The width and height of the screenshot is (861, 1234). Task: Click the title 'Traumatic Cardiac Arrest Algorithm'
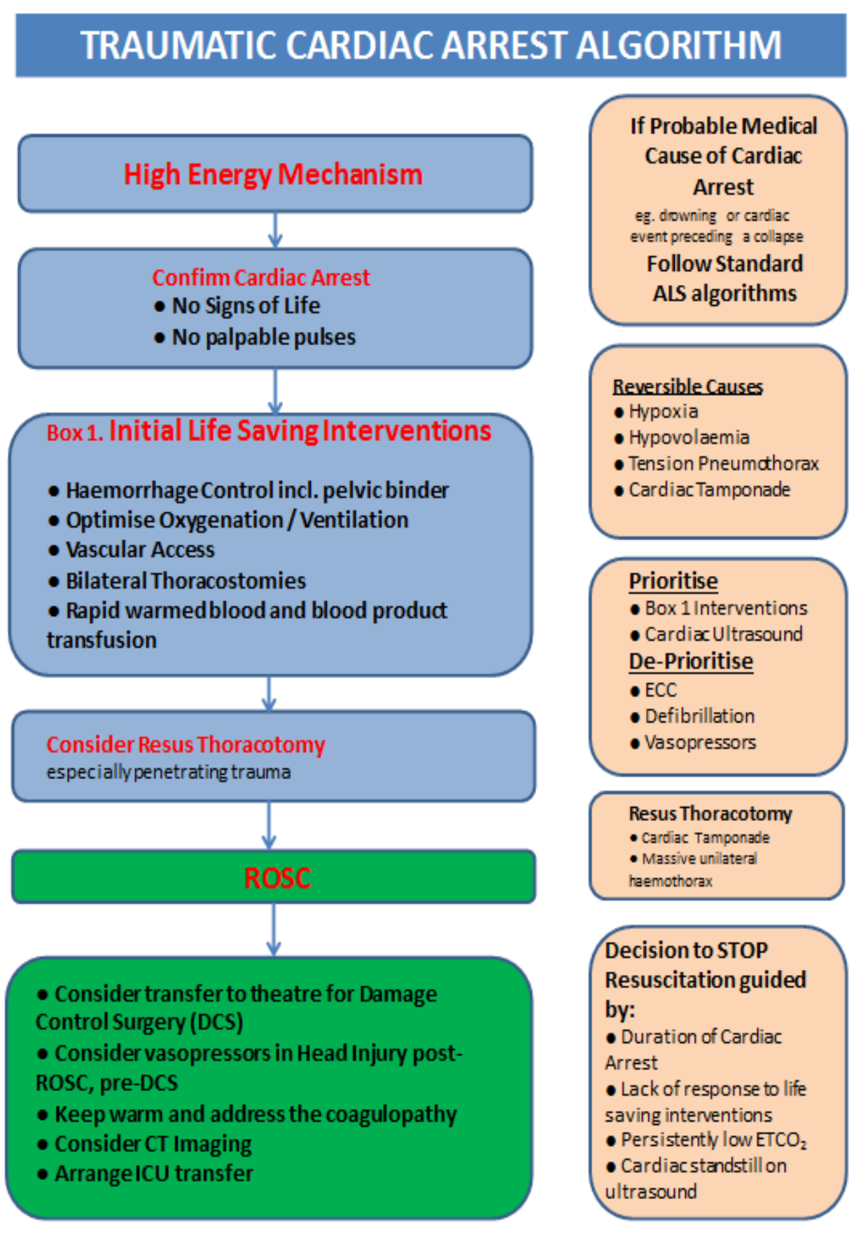click(430, 45)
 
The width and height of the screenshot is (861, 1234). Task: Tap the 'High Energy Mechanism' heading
click(273, 174)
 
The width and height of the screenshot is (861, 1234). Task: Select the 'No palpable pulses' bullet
click(263, 337)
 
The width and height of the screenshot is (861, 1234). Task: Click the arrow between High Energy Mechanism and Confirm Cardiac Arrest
click(275, 230)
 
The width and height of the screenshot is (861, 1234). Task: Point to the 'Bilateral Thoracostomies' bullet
click(185, 581)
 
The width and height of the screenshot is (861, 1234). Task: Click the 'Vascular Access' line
click(140, 550)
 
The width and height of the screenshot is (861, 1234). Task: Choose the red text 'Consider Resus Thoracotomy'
click(185, 745)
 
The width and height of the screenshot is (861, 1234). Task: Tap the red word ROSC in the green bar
click(277, 878)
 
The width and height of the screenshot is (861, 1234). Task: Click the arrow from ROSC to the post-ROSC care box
click(274, 930)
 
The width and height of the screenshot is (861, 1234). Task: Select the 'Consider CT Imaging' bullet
click(153, 1144)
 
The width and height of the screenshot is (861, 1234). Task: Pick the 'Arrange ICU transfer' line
click(154, 1174)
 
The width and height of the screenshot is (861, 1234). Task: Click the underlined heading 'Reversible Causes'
click(687, 387)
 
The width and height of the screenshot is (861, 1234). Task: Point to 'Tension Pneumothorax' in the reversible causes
click(723, 463)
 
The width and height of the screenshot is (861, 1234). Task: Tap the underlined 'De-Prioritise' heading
click(690, 661)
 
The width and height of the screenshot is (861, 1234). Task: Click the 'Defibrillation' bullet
click(699, 716)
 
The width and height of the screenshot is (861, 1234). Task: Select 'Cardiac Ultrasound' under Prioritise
click(723, 634)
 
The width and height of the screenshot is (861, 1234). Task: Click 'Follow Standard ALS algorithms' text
click(724, 279)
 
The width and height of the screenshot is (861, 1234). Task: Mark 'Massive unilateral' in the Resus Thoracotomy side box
click(699, 859)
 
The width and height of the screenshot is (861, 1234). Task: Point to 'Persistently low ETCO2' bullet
click(713, 1140)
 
